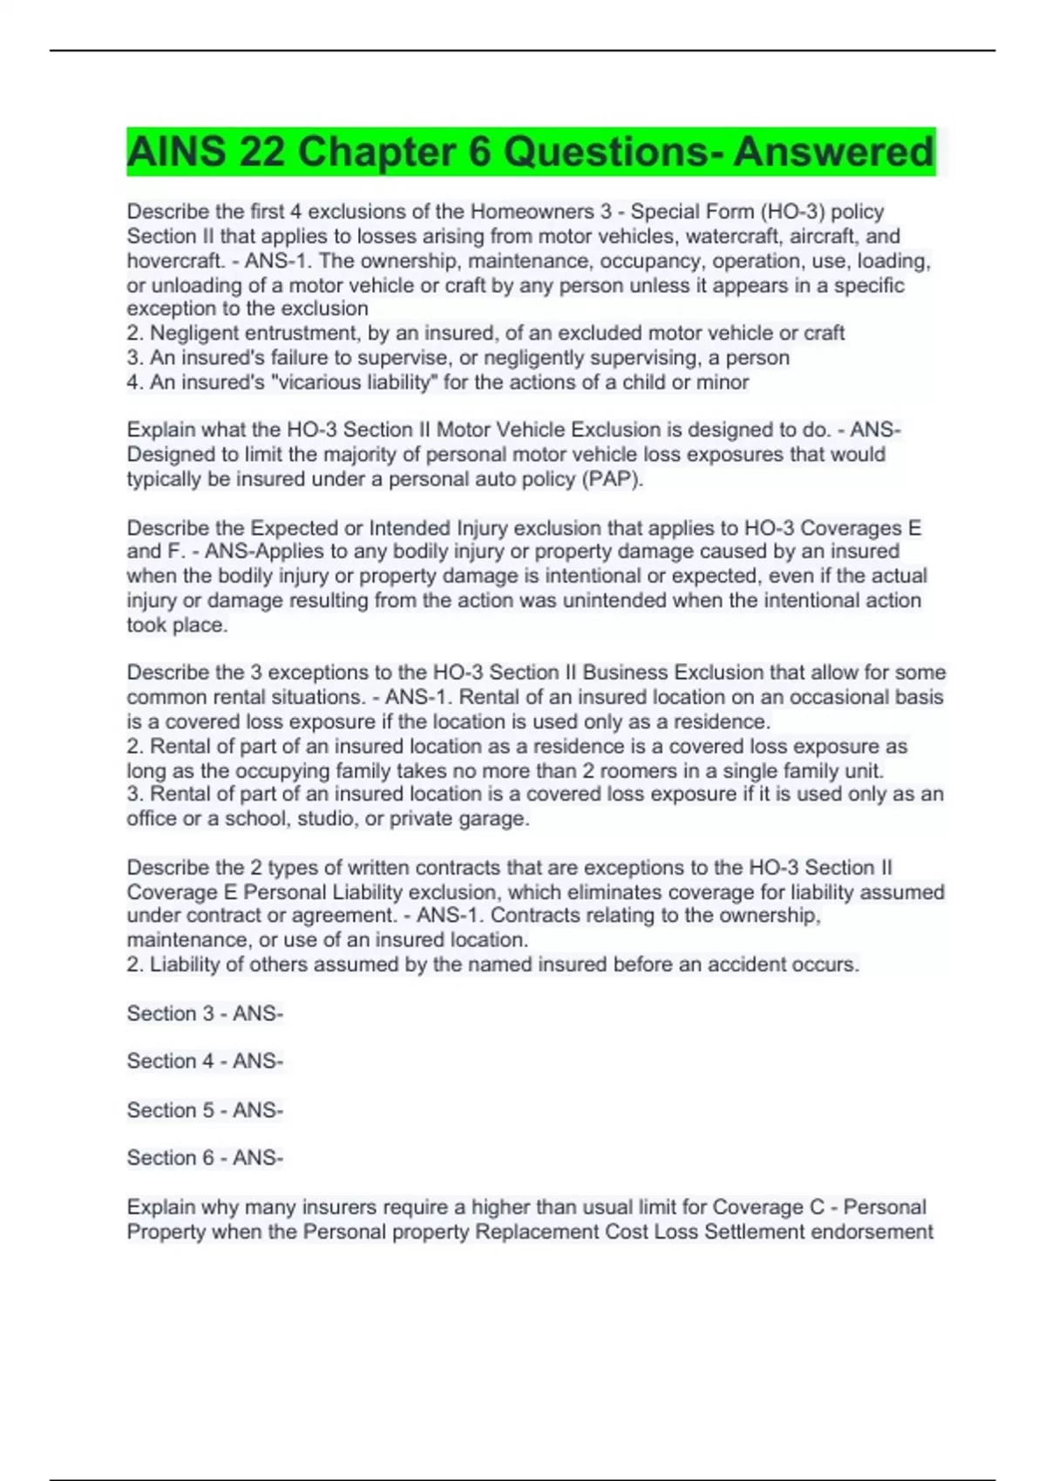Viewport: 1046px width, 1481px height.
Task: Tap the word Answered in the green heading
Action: click(832, 152)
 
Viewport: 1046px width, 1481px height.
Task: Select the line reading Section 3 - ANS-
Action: click(205, 1013)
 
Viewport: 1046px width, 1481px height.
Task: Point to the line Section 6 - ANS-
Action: click(205, 1158)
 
